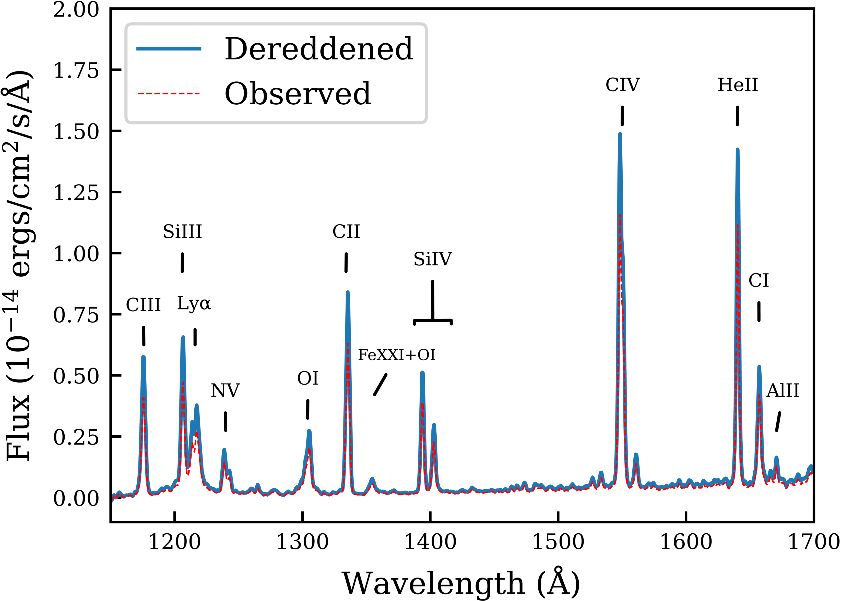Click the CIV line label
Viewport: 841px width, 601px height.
[622, 85]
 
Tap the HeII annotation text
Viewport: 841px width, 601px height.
[738, 85]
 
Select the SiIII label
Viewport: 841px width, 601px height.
[183, 232]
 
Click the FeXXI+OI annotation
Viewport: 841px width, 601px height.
[397, 355]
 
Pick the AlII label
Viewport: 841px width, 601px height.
[783, 390]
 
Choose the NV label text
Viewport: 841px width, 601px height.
[225, 390]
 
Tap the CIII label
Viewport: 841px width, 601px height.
[143, 305]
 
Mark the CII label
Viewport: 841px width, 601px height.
[346, 232]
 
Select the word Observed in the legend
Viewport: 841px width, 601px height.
[298, 94]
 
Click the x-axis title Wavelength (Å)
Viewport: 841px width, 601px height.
[461, 583]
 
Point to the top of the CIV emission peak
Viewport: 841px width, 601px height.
[620, 134]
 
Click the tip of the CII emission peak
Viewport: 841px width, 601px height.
[347, 292]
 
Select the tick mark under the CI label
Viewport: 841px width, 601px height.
[759, 312]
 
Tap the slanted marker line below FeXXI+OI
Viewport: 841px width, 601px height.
[380, 385]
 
